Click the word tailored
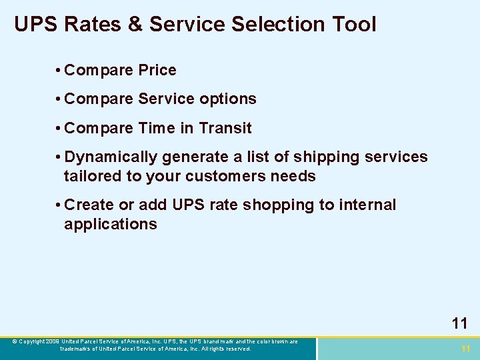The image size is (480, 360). [91, 176]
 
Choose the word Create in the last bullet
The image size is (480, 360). [90, 205]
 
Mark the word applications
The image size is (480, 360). [111, 224]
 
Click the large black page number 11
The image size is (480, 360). [459, 324]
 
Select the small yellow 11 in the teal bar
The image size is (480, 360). [465, 349]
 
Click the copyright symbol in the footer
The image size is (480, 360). [15, 342]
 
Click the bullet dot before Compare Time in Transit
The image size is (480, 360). [59, 127]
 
